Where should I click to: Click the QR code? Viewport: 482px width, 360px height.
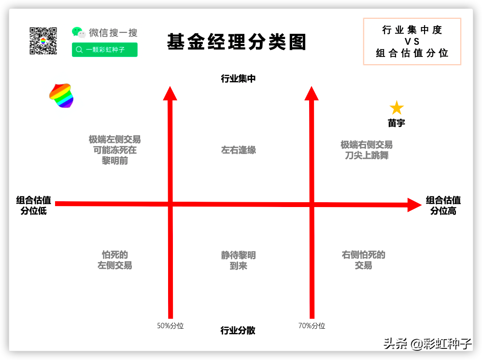pyautogui.click(x=43, y=41)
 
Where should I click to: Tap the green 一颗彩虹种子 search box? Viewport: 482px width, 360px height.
pyautogui.click(x=105, y=50)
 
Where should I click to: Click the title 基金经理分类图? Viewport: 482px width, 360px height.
pyautogui.click(x=237, y=42)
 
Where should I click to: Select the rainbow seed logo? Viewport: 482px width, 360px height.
pyautogui.click(x=61, y=96)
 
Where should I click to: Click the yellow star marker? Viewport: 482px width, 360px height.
pyautogui.click(x=397, y=108)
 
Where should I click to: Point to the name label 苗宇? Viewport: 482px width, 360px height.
pyautogui.click(x=397, y=123)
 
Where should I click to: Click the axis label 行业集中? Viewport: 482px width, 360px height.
pyautogui.click(x=238, y=79)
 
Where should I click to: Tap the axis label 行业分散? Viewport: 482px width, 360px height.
pyautogui.click(x=238, y=331)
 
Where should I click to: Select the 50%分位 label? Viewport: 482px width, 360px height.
pyautogui.click(x=170, y=326)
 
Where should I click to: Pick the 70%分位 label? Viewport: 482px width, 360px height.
pyautogui.click(x=312, y=326)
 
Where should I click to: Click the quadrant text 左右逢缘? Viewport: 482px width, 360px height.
pyautogui.click(x=239, y=150)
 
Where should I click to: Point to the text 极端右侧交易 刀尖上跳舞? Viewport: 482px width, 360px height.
pyautogui.click(x=367, y=150)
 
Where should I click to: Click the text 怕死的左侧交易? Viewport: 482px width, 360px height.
pyautogui.click(x=115, y=260)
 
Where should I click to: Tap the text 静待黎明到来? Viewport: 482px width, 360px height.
pyautogui.click(x=239, y=260)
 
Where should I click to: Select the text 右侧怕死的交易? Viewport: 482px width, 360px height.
pyautogui.click(x=364, y=260)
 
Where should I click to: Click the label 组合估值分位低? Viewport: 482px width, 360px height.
pyautogui.click(x=33, y=205)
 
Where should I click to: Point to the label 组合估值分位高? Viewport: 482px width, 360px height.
pyautogui.click(x=443, y=205)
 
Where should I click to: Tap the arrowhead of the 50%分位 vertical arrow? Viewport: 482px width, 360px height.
pyautogui.click(x=170, y=93)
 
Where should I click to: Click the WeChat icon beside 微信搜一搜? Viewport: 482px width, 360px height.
pyautogui.click(x=79, y=32)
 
